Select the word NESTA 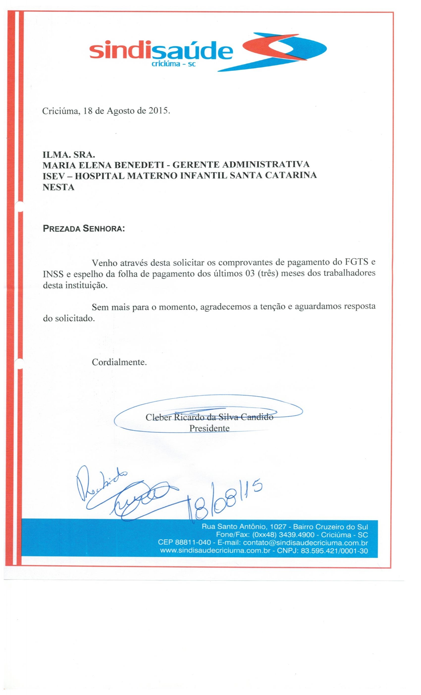click(x=58, y=187)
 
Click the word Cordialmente click(x=119, y=362)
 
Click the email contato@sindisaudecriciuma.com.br click(x=305, y=543)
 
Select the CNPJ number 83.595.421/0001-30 click(x=334, y=551)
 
